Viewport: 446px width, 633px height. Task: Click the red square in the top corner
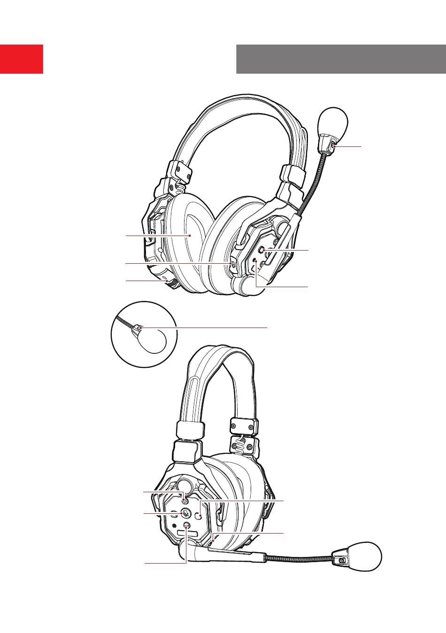[22, 59]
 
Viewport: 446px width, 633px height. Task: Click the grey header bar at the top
[341, 59]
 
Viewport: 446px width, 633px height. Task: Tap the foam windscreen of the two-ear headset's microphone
[333, 122]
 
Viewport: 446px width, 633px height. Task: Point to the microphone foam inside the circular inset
[153, 340]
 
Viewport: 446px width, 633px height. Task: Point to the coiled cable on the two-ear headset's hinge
[180, 188]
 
